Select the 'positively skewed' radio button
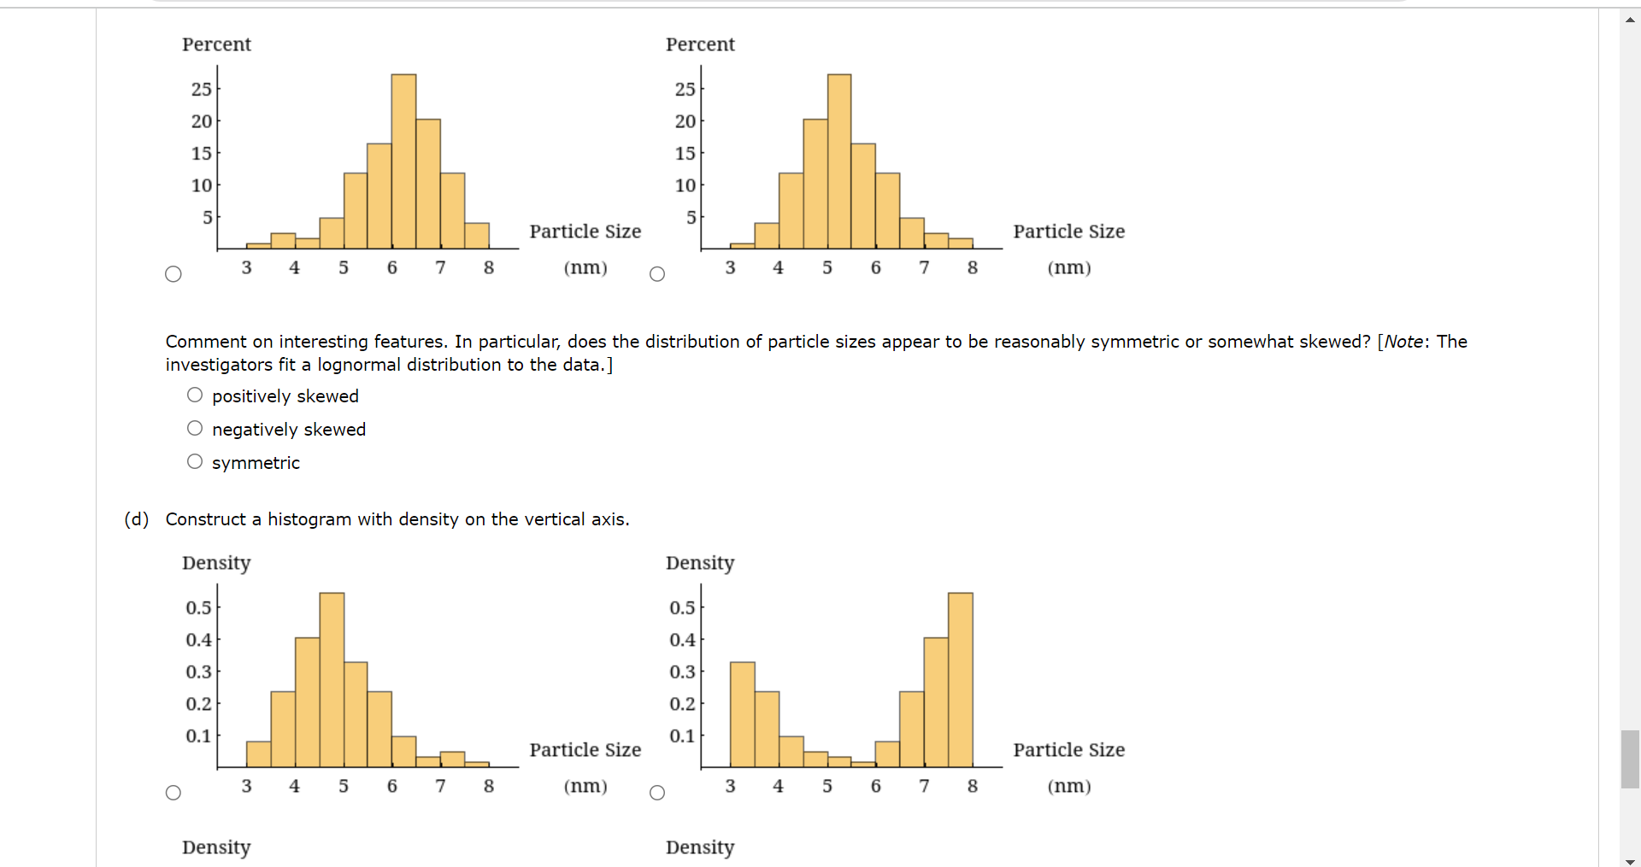[195, 395]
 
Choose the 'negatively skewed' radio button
[195, 429]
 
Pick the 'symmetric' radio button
[195, 462]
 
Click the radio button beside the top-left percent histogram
[174, 274]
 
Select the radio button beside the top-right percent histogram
[657, 274]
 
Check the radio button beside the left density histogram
[174, 793]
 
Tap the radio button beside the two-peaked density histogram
[657, 793]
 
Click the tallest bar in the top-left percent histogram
[403, 162]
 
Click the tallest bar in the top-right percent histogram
[839, 162]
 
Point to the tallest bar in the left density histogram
[332, 680]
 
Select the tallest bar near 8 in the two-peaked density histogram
[961, 680]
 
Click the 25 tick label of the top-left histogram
[201, 89]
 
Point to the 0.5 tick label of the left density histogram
[198, 607]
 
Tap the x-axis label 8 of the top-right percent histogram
[973, 267]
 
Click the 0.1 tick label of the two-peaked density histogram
[682, 735]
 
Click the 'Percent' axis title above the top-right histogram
[700, 44]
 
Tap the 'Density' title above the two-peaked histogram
[700, 563]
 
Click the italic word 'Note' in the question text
[1403, 342]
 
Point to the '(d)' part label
[137, 519]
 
